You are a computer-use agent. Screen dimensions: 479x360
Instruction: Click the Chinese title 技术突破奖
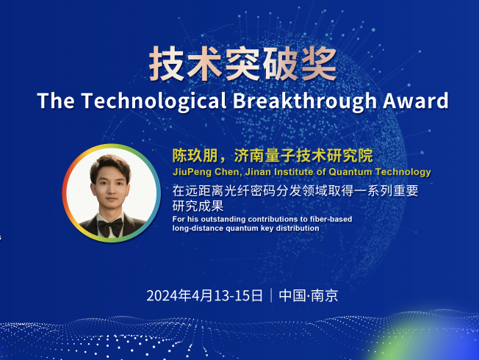[243, 64]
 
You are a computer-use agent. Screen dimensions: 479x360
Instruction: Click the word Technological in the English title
[154, 101]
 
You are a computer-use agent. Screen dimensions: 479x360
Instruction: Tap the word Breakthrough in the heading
[305, 101]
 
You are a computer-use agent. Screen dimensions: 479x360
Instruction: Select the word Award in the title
[416, 101]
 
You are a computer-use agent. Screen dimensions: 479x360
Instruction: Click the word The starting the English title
[56, 101]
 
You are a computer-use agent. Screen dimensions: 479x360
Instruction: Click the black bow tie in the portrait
[110, 227]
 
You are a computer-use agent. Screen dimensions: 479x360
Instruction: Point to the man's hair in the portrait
[111, 167]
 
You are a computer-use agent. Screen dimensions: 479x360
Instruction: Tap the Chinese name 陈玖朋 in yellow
[195, 156]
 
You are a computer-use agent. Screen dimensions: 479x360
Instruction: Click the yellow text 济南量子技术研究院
[303, 156]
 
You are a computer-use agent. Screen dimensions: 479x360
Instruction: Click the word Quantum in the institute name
[350, 172]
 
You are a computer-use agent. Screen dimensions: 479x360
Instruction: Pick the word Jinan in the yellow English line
[259, 172]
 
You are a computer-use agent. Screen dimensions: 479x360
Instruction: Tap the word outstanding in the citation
[223, 219]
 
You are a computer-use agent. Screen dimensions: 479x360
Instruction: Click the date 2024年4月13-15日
[205, 295]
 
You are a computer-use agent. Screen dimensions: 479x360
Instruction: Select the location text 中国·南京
[309, 295]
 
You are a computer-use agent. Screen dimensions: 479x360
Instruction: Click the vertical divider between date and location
[271, 295]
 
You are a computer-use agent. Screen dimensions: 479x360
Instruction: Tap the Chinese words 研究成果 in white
[198, 206]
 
